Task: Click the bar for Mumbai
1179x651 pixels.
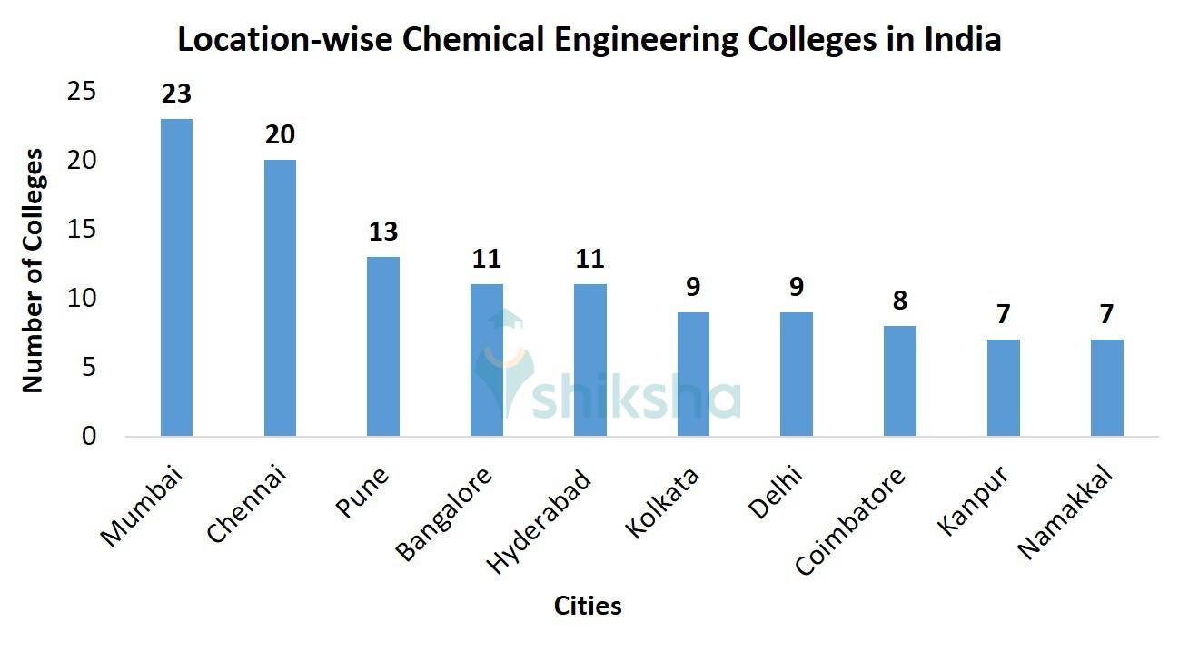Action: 176,277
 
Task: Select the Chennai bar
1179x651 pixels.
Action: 280,298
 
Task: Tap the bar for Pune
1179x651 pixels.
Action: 383,346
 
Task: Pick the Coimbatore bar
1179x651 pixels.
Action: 900,380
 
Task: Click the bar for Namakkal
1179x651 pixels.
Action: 1107,388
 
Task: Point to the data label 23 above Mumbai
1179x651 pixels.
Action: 176,94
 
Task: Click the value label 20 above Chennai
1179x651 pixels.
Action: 280,134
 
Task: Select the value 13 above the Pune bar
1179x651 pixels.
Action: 383,232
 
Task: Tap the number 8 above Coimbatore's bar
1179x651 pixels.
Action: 900,301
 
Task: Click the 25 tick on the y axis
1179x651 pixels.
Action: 83,91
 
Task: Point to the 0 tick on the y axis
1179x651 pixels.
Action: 89,437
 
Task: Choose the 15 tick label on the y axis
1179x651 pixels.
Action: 83,230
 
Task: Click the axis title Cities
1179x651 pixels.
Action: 588,606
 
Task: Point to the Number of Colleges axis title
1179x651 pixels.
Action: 33,271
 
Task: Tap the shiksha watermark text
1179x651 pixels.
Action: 636,398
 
